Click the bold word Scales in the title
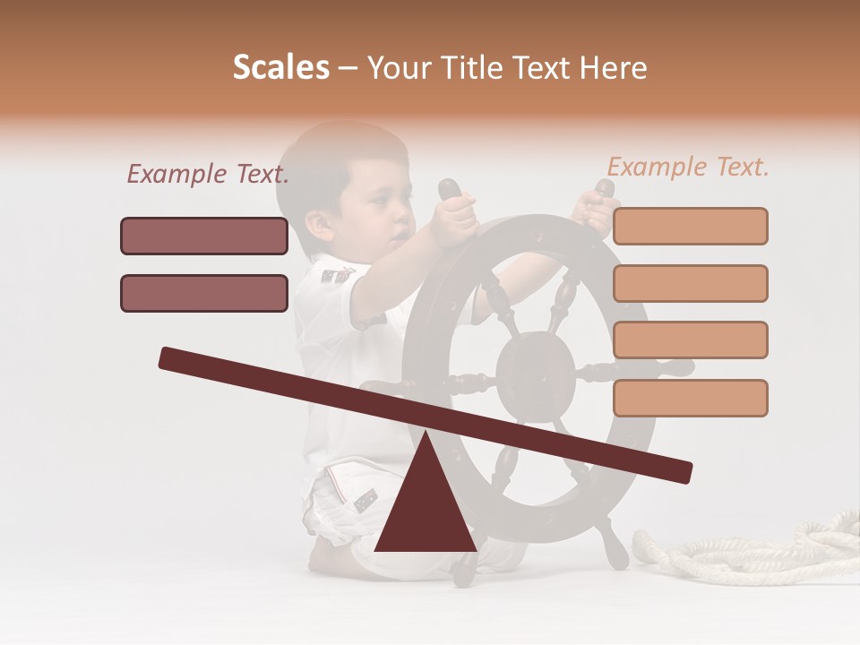(x=280, y=68)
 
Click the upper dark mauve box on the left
(x=204, y=236)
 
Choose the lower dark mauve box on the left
(x=204, y=293)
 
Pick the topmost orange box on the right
(x=690, y=226)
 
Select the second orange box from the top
(x=690, y=283)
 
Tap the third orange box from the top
(x=690, y=340)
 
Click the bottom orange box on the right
(x=690, y=398)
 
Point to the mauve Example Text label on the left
(x=207, y=175)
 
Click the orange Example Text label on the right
(x=688, y=167)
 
